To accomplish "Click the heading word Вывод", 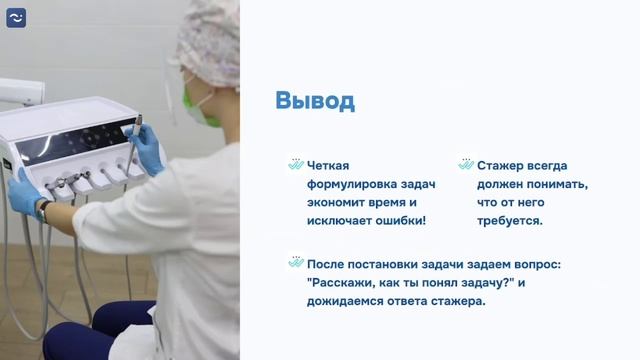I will [315, 102].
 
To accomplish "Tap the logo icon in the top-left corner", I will [16, 17].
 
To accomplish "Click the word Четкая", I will [329, 166].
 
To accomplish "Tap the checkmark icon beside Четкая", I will [295, 165].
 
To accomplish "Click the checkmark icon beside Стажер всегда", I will [465, 165].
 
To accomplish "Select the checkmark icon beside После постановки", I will [295, 263].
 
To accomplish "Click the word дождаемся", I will [352, 301].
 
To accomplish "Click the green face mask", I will [202, 107].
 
